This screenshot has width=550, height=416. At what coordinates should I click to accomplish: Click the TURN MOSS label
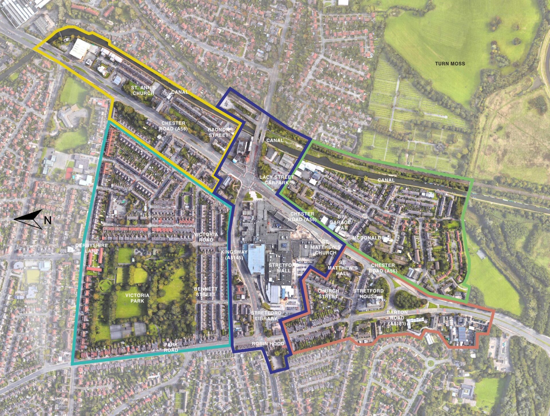click(x=450, y=64)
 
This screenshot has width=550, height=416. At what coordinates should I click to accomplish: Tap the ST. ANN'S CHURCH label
click(x=143, y=90)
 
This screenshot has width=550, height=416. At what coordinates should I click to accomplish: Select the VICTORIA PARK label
click(x=137, y=298)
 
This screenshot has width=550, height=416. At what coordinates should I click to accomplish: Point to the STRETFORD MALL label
click(x=283, y=268)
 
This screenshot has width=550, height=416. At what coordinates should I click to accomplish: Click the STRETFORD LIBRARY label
click(x=266, y=316)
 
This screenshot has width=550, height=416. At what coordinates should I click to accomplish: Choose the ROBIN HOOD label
click(x=268, y=344)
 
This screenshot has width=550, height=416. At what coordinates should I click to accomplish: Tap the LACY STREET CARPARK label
click(x=277, y=180)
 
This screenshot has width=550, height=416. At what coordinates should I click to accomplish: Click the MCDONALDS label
click(x=368, y=238)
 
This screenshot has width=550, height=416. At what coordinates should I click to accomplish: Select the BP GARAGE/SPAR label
click(x=341, y=222)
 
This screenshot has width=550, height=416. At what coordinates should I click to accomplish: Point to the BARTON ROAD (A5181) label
click(x=397, y=318)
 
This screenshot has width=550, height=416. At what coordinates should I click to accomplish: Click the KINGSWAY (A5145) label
click(x=234, y=255)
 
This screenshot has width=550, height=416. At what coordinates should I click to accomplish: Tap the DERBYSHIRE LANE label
click(x=92, y=248)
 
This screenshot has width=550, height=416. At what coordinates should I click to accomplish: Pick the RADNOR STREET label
click(x=219, y=132)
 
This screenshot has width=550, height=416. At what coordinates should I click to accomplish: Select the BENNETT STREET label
click(x=206, y=292)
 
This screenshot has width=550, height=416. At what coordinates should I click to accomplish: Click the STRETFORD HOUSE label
click(x=368, y=293)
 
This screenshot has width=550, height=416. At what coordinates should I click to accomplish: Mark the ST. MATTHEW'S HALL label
click(x=343, y=268)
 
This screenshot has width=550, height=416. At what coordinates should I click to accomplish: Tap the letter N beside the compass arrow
click(x=48, y=220)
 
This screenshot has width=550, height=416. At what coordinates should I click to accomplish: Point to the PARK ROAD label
click(x=171, y=347)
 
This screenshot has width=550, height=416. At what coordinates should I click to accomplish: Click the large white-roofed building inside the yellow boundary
click(x=79, y=49)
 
